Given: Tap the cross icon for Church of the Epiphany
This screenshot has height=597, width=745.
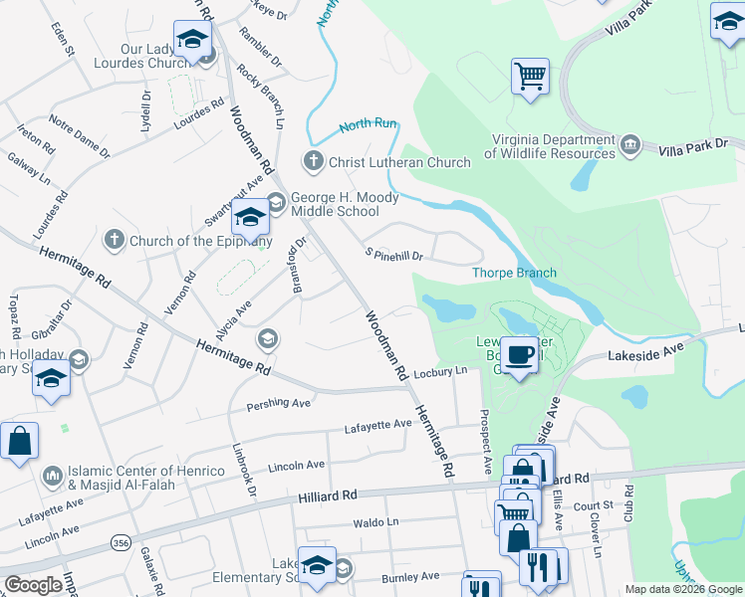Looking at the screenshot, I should coord(115,240).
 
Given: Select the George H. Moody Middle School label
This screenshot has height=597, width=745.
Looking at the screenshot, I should coord(344,205).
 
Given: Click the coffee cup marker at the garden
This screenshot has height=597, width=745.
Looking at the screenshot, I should coord(518,354).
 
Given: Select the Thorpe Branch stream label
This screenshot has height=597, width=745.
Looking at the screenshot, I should coord(514,273).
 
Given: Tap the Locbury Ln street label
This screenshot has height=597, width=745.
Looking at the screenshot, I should coord(440,371).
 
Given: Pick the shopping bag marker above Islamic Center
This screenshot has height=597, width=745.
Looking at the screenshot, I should coord(19,441).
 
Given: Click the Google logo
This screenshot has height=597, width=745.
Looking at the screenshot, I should coord(34,585).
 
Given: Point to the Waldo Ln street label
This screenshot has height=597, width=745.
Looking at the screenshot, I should coord(375,521).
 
